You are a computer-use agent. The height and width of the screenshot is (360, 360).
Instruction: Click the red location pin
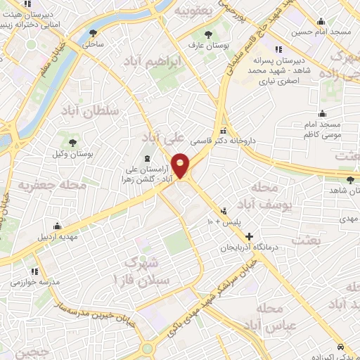[181, 165]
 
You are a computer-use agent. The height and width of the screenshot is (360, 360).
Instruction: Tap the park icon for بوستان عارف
[207, 34]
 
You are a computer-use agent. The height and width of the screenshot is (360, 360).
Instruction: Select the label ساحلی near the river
[94, 44]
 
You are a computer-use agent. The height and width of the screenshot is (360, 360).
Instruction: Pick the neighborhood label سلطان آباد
[90, 111]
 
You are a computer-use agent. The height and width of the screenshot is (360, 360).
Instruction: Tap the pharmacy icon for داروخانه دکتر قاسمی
[224, 130]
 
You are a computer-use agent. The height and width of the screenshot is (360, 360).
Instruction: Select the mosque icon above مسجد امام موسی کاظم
[322, 113]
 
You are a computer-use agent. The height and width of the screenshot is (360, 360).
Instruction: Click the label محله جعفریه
[52, 185]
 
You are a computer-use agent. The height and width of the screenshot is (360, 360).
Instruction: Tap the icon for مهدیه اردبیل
[57, 226]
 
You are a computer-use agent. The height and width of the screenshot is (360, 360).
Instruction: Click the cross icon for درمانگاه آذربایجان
[248, 236]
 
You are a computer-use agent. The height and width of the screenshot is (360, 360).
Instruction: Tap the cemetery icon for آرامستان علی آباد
[147, 159]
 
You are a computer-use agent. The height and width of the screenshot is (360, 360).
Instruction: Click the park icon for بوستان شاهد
[331, 180]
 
